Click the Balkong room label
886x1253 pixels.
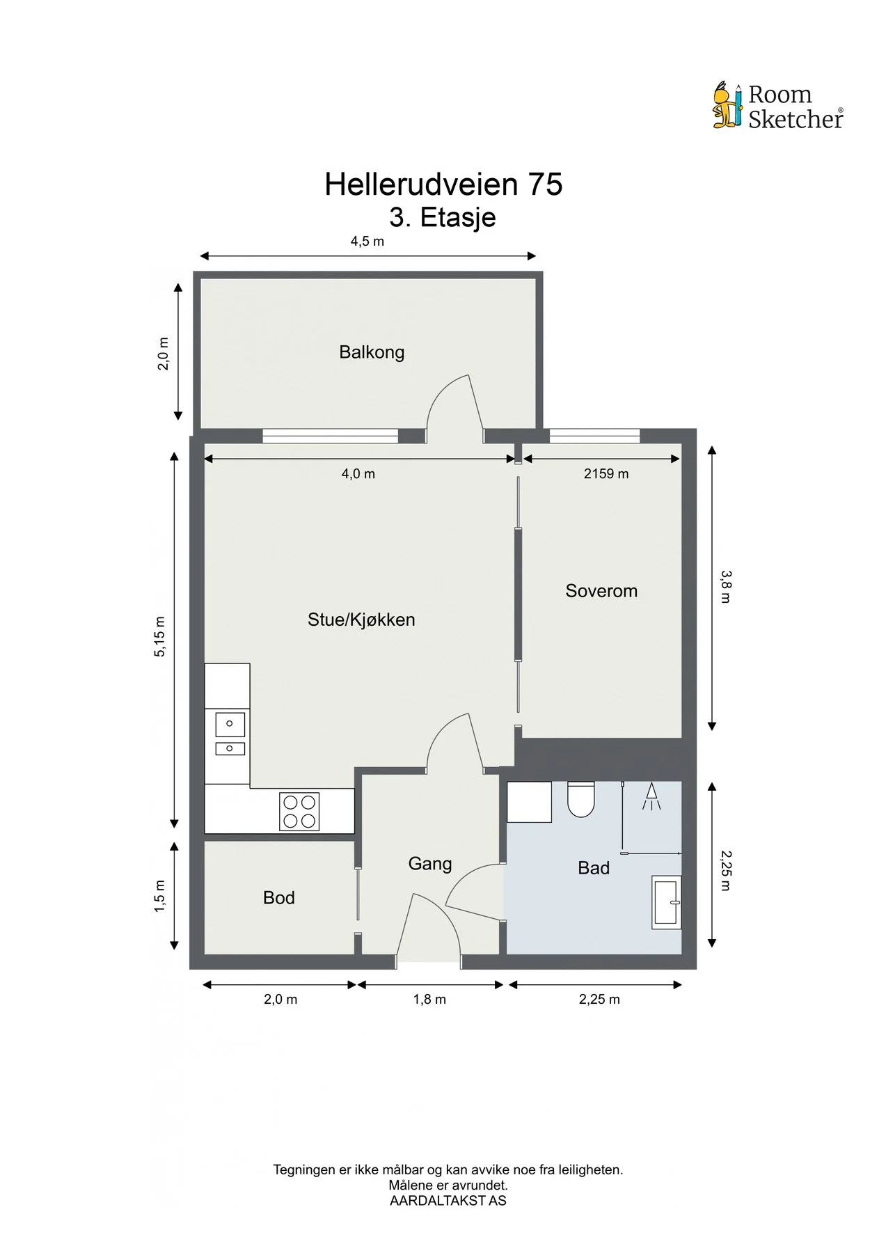click(x=372, y=352)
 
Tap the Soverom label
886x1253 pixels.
click(x=601, y=591)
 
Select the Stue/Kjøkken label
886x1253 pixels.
click(x=361, y=620)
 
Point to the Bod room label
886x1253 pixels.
click(x=278, y=898)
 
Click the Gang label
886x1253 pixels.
click(x=430, y=864)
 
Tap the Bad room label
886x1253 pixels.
click(x=594, y=868)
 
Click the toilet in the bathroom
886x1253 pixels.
click(x=581, y=799)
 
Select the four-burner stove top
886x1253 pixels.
click(x=299, y=812)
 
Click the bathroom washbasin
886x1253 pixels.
click(x=666, y=902)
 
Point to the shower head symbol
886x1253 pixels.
click(x=651, y=796)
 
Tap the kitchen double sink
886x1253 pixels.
click(x=230, y=734)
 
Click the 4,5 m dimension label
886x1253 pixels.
click(x=367, y=242)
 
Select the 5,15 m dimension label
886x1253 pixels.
click(x=161, y=636)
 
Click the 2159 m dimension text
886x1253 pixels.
click(x=606, y=474)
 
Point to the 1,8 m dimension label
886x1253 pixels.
click(x=429, y=1000)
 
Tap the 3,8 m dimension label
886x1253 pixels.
click(x=725, y=587)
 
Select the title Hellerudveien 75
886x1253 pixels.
click(x=443, y=184)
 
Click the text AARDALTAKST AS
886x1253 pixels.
click(x=448, y=1201)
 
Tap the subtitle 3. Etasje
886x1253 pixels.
click(x=443, y=217)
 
